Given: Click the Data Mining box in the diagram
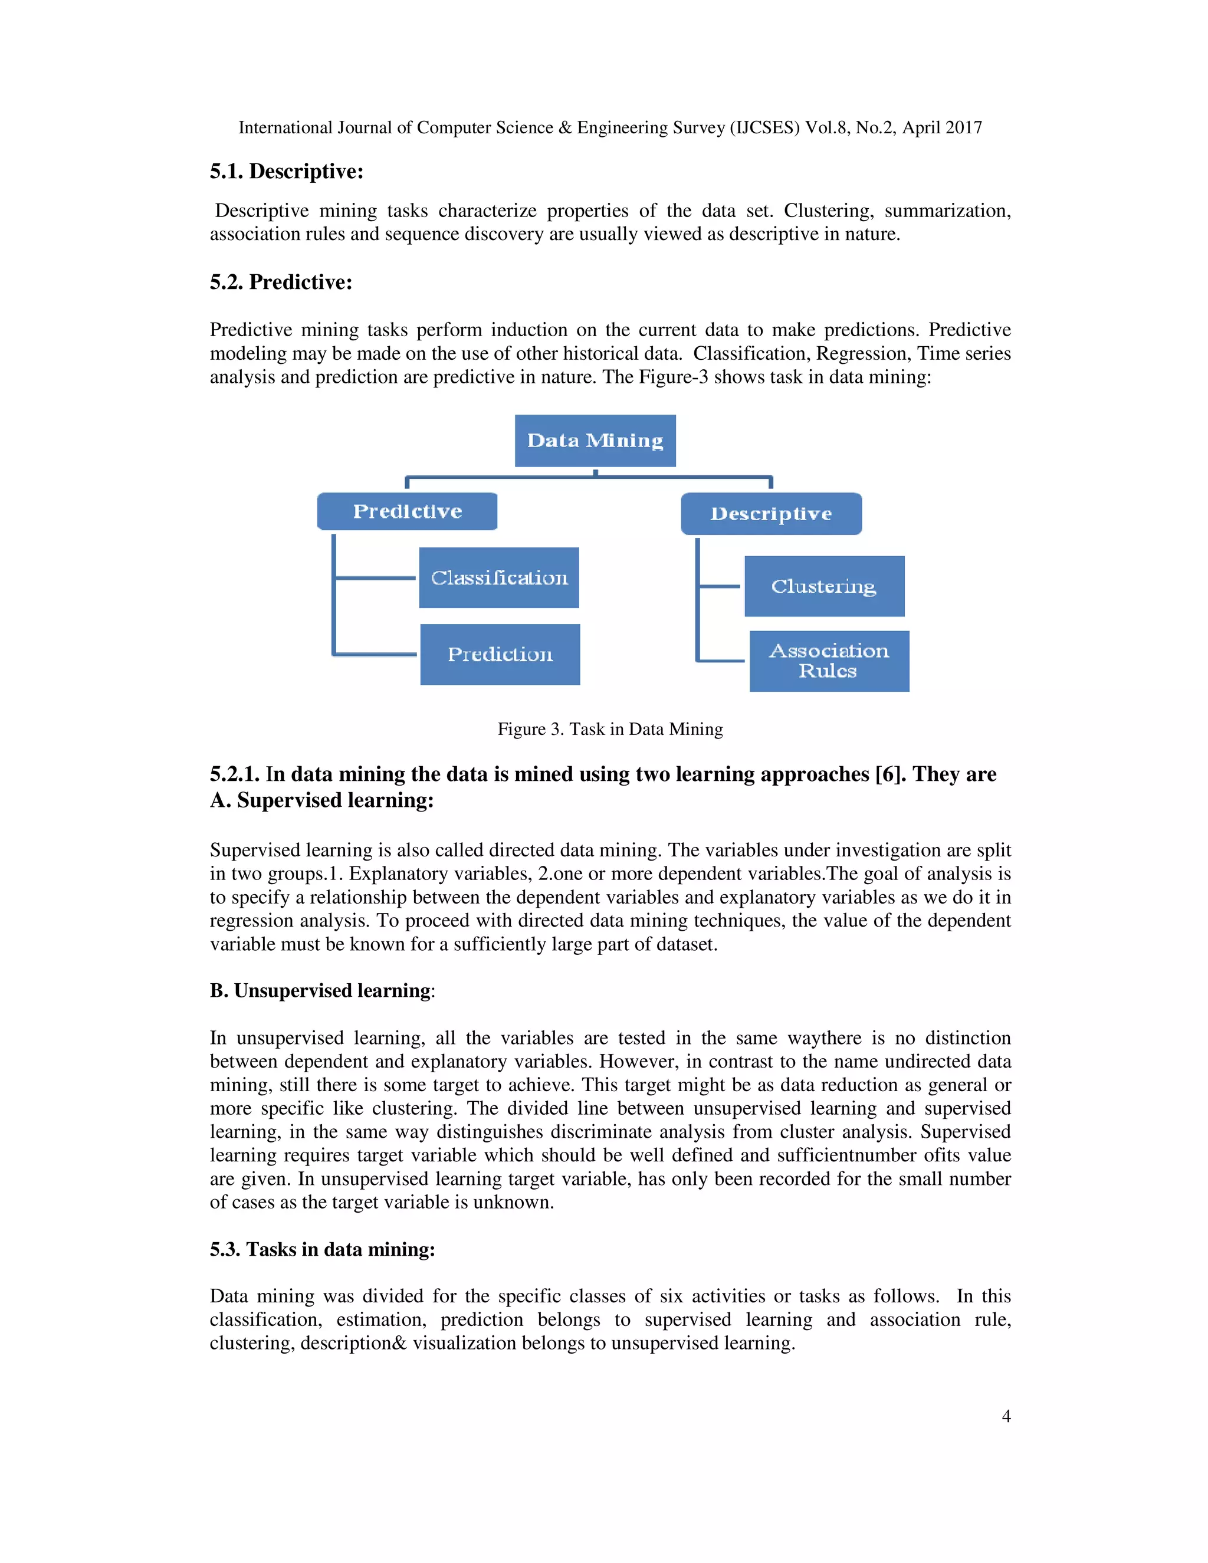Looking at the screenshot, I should [595, 440].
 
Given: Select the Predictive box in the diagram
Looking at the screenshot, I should [407, 511].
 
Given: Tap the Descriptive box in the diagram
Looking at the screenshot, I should [771, 514].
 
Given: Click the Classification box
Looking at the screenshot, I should [499, 577].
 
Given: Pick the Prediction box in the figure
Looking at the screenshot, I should [500, 654].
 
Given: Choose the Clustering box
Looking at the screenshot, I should [823, 586].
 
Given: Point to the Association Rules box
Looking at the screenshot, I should [829, 661].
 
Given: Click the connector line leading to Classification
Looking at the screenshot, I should [375, 577].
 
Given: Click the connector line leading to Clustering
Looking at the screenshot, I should [719, 586].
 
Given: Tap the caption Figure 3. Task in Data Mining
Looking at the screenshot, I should [610, 728].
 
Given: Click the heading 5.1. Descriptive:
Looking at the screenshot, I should [286, 172].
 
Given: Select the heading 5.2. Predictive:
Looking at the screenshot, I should [281, 282].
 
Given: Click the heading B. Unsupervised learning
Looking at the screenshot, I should [321, 990].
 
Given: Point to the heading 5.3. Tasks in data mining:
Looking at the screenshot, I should [322, 1250].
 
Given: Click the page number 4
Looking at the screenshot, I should [1006, 1416].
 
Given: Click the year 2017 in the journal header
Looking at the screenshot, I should [963, 127].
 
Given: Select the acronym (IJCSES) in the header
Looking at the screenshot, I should [764, 127].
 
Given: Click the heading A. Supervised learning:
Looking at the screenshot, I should [321, 800].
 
